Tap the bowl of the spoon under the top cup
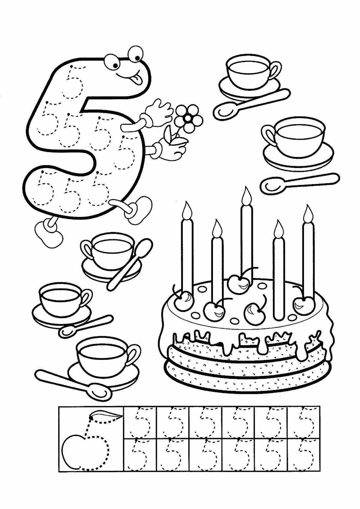click(223, 111)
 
